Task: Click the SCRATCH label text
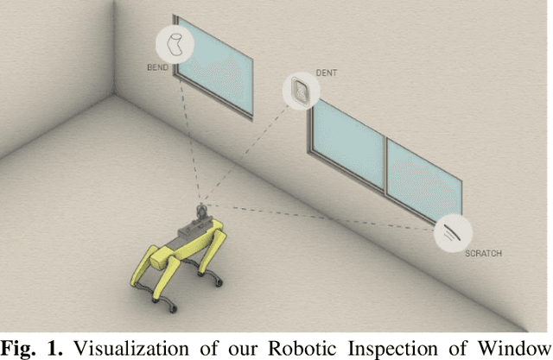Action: [x=483, y=254]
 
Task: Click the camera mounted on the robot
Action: [x=202, y=210]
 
